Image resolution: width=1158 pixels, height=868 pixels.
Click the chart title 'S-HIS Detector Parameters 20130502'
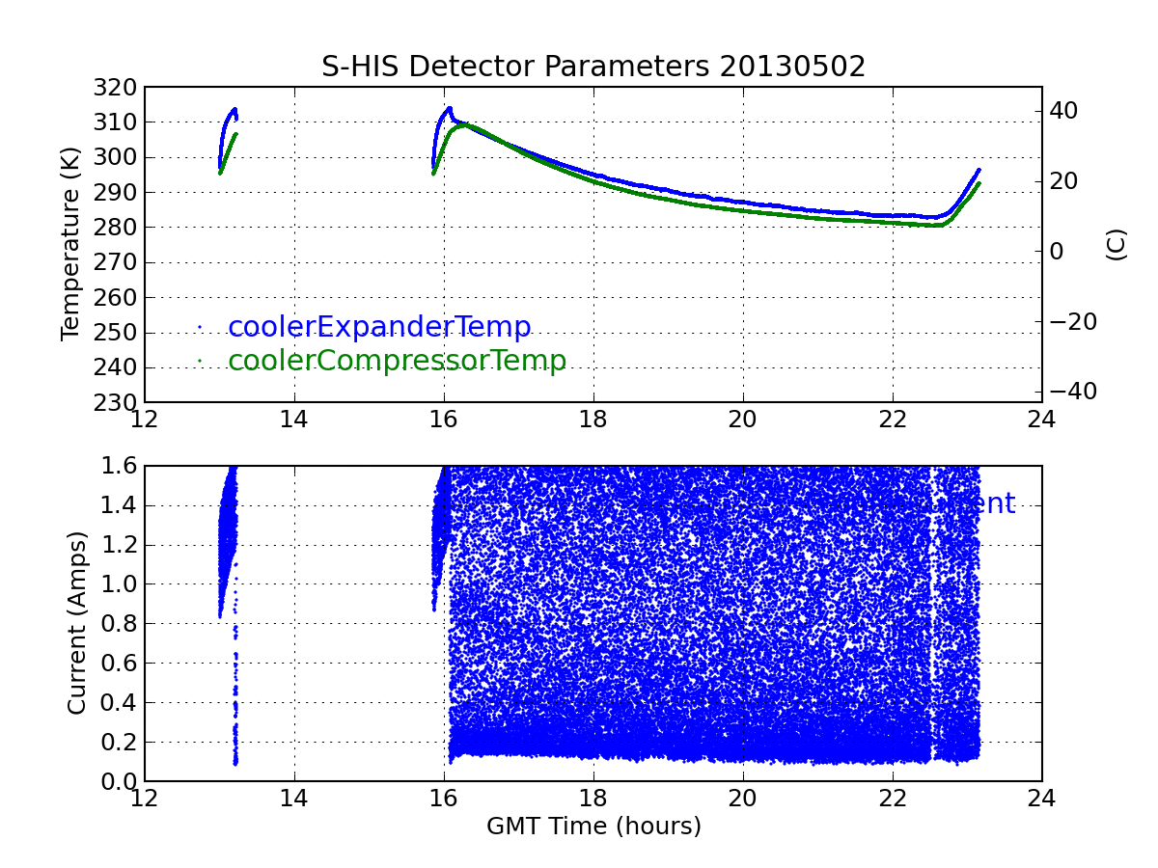(x=593, y=67)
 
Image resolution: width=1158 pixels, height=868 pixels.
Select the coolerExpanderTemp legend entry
(x=379, y=327)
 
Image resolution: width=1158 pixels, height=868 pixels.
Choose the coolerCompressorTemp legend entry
(x=397, y=361)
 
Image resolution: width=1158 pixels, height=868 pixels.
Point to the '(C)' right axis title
(x=1117, y=245)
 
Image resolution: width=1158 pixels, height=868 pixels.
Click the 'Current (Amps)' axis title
(x=76, y=624)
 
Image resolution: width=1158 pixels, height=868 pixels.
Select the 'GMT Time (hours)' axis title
(x=593, y=827)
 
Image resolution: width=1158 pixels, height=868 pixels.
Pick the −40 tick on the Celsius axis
(x=1072, y=392)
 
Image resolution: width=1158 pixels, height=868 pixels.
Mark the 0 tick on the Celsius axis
(x=1057, y=252)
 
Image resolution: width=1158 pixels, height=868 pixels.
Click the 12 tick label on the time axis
(x=145, y=799)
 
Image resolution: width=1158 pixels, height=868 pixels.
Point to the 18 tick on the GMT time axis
(x=593, y=799)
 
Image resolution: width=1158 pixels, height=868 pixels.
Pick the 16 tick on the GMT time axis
(x=444, y=799)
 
